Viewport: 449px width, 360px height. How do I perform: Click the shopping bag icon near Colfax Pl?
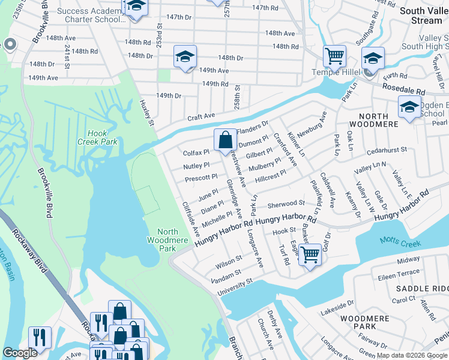click(224, 140)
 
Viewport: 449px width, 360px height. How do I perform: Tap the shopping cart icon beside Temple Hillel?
click(334, 56)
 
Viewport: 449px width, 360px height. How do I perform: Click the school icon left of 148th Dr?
click(185, 57)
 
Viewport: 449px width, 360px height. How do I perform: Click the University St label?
click(231, 282)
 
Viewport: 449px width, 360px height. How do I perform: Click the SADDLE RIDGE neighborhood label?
click(423, 289)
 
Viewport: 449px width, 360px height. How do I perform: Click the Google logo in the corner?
click(20, 353)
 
